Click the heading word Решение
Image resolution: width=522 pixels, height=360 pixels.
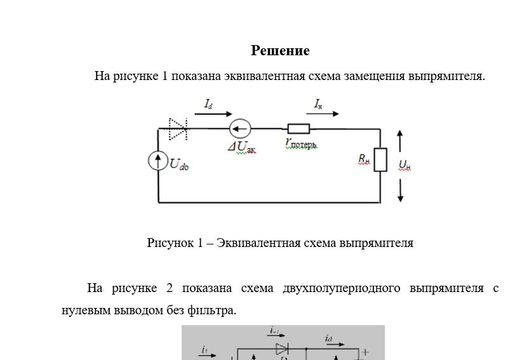pyautogui.click(x=280, y=51)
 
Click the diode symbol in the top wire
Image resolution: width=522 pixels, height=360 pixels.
pyautogui.click(x=178, y=129)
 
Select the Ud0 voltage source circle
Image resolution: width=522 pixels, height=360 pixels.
pyautogui.click(x=158, y=161)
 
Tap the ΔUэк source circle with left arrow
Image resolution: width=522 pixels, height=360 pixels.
pyautogui.click(x=240, y=130)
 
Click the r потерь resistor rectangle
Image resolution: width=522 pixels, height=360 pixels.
pyautogui.click(x=298, y=129)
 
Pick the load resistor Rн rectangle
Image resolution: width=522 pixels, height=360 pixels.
pyautogui.click(x=380, y=159)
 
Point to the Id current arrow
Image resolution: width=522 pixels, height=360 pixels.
pyautogui.click(x=213, y=114)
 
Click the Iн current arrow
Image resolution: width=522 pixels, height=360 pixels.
pyautogui.click(x=326, y=114)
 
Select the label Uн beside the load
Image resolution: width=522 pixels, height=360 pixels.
pyautogui.click(x=405, y=165)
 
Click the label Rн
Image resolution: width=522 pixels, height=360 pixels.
pyautogui.click(x=364, y=159)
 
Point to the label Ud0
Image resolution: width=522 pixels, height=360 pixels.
pyautogui.click(x=179, y=164)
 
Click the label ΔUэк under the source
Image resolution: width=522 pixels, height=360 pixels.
pyautogui.click(x=242, y=147)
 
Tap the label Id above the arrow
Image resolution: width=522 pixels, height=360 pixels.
pyautogui.click(x=208, y=103)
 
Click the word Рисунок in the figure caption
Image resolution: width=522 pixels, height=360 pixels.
pyautogui.click(x=168, y=243)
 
